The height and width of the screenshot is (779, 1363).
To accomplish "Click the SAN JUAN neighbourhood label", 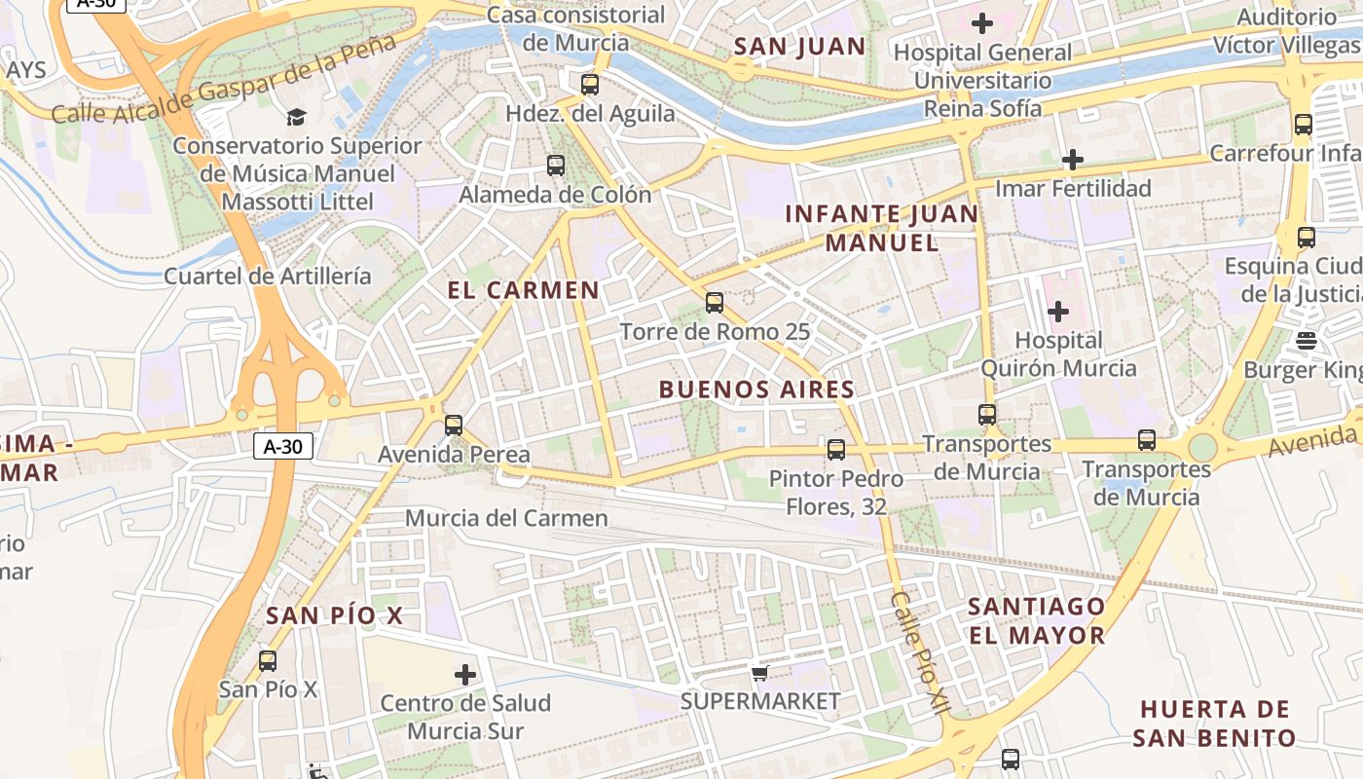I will [799, 46].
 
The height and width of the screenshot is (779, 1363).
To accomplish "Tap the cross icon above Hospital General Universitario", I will [982, 22].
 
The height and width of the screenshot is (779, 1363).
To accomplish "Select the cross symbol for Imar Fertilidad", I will [1073, 159].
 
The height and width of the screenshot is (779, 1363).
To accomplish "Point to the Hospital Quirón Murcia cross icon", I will [1058, 312].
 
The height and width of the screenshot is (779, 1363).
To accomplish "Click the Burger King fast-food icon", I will [1307, 340].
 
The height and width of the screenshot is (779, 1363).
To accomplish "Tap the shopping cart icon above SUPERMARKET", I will [760, 673].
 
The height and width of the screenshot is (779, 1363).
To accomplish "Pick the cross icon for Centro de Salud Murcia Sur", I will [465, 674].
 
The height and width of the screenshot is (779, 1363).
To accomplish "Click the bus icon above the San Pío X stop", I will [268, 661].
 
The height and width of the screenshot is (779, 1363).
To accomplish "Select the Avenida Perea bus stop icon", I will [454, 426].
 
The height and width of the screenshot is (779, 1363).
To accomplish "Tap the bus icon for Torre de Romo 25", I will [715, 303].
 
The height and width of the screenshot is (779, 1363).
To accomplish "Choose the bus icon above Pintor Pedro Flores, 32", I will [835, 450].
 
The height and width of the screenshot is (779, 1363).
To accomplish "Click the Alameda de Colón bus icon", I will [555, 166].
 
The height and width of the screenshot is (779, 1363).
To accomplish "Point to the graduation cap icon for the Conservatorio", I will [295, 118].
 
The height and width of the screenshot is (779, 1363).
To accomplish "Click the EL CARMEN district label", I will [524, 290].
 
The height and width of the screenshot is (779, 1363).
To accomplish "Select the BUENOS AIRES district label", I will [756, 389].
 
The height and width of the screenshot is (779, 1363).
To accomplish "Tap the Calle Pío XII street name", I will [918, 653].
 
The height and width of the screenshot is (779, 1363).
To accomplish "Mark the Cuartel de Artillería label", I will [267, 276].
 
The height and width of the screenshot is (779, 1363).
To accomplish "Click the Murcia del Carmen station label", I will [506, 518].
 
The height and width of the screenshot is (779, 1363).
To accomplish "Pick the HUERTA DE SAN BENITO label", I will [1214, 723].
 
